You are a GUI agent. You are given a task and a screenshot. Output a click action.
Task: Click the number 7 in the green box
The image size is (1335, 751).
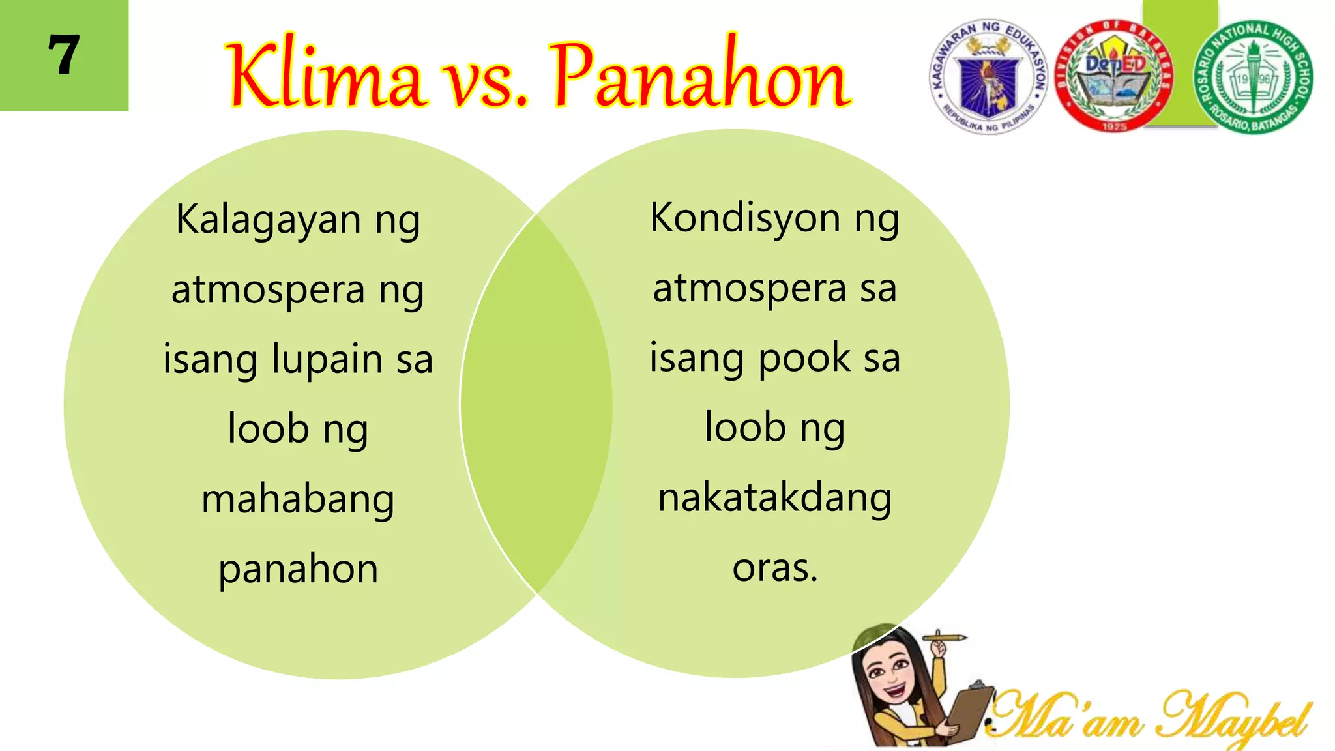point(64,55)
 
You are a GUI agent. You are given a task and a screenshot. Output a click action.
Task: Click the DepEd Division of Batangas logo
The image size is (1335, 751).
point(1113,76)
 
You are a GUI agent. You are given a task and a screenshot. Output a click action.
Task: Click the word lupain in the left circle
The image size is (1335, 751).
point(327,359)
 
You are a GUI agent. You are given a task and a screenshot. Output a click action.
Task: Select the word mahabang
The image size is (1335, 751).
point(298,500)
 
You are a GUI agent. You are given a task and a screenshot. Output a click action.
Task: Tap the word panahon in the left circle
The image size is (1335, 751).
point(298,570)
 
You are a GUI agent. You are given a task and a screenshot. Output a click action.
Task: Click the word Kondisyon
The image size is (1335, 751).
point(745,218)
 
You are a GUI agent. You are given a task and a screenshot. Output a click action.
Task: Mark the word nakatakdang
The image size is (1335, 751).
point(774,499)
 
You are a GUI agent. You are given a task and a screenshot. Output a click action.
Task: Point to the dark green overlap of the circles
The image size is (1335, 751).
point(536,404)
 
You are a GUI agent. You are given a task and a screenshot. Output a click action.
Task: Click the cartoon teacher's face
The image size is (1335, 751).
point(890,678)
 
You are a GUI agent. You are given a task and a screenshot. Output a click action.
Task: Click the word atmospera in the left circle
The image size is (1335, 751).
point(268,290)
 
